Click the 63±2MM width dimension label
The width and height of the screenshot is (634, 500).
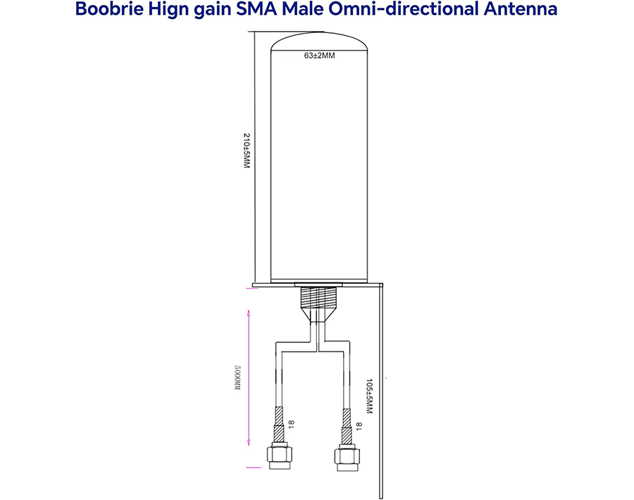(319, 56)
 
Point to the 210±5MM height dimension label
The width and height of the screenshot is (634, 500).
(247, 151)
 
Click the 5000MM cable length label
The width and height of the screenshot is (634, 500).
(237, 377)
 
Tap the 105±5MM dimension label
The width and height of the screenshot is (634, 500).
(368, 396)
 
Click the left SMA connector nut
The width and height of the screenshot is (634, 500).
(279, 456)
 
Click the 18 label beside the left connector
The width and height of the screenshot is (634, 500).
(291, 424)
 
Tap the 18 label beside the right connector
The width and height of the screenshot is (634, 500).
(359, 426)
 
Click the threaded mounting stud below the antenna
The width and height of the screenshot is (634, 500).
(318, 297)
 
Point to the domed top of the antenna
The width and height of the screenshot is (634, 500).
(319, 42)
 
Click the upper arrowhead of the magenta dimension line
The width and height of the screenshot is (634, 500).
(249, 313)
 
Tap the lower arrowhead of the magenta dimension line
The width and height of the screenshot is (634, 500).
(249, 443)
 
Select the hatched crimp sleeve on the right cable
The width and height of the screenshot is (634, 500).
(347, 426)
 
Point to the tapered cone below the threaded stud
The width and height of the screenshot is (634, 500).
(318, 315)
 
